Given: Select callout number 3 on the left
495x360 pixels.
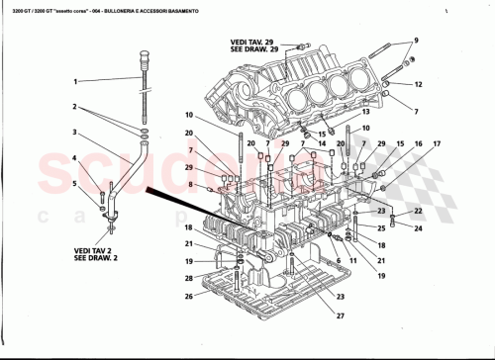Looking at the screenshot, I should (x=75, y=132).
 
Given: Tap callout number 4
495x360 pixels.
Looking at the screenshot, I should (x=75, y=158).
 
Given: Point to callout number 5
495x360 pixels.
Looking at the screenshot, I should (x=75, y=183).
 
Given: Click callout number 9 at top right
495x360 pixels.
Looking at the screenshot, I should (x=416, y=40).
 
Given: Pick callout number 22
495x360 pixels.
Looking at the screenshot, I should (x=417, y=212).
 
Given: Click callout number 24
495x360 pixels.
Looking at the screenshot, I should (x=417, y=228).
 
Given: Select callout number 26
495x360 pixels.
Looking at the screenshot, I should (x=189, y=279).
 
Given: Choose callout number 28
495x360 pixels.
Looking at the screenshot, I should (x=189, y=295).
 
